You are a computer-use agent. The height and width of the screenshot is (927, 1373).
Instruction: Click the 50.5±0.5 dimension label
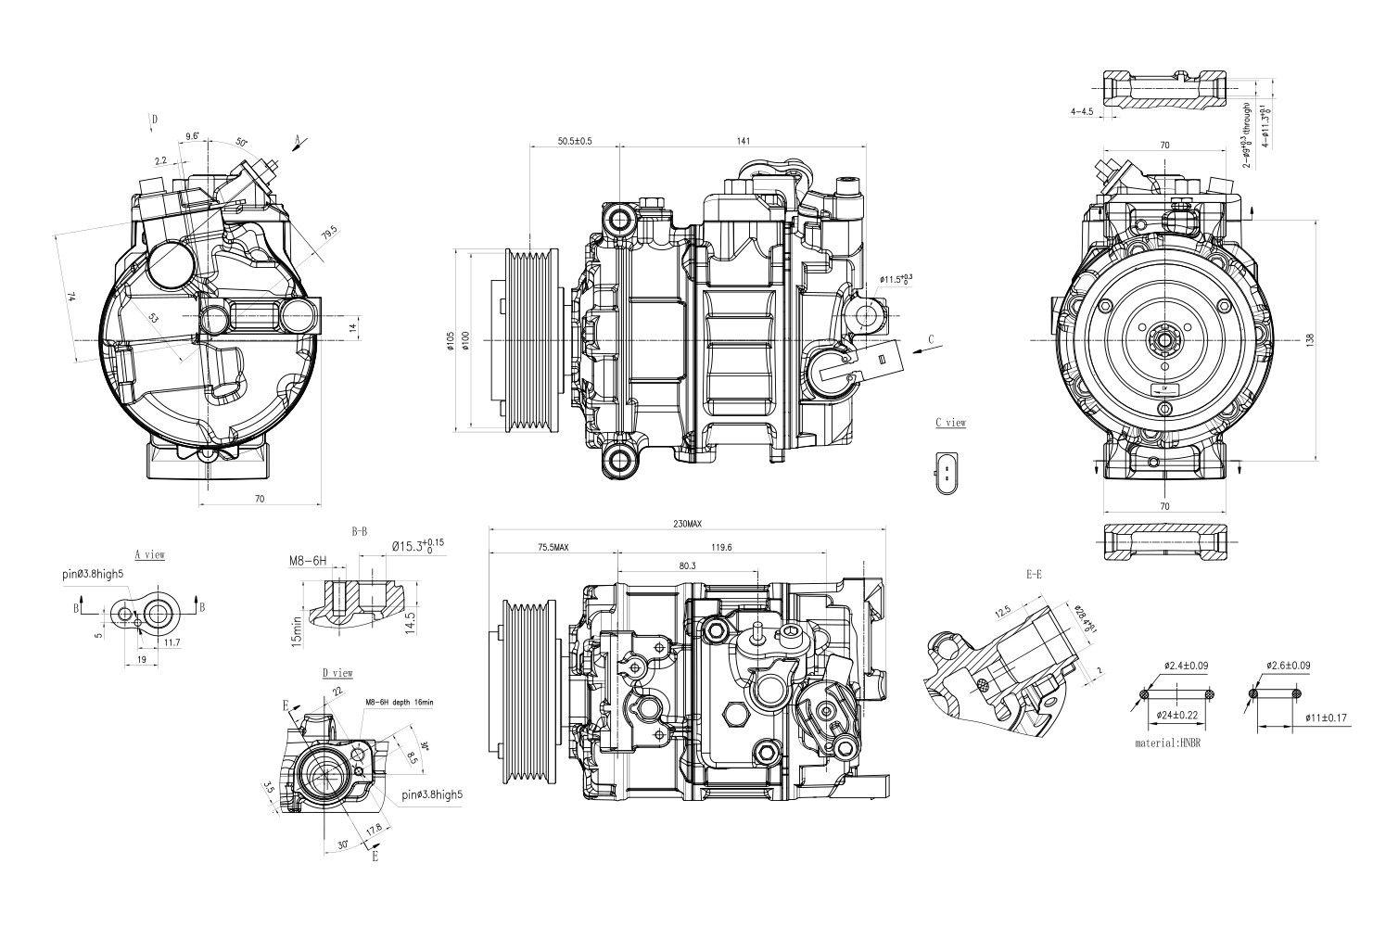575,141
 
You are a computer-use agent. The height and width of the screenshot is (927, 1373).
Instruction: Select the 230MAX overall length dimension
687,525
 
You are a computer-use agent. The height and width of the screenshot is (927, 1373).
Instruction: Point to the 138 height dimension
1336,340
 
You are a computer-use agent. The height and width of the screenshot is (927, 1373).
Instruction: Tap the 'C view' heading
950,423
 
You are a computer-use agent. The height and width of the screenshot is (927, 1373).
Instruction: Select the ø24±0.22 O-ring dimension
1176,715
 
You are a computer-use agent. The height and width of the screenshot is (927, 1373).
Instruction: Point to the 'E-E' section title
1034,575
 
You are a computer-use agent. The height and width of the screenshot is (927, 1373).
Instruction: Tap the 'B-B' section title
359,532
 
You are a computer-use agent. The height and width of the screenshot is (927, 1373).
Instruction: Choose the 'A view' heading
149,555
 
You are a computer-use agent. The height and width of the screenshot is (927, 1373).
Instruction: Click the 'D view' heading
337,673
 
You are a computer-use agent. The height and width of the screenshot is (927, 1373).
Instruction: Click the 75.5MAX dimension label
553,548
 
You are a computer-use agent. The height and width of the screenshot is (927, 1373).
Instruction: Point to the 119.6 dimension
722,548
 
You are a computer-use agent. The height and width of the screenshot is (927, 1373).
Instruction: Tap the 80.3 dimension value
687,565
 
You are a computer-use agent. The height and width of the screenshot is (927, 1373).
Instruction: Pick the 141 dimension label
743,141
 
